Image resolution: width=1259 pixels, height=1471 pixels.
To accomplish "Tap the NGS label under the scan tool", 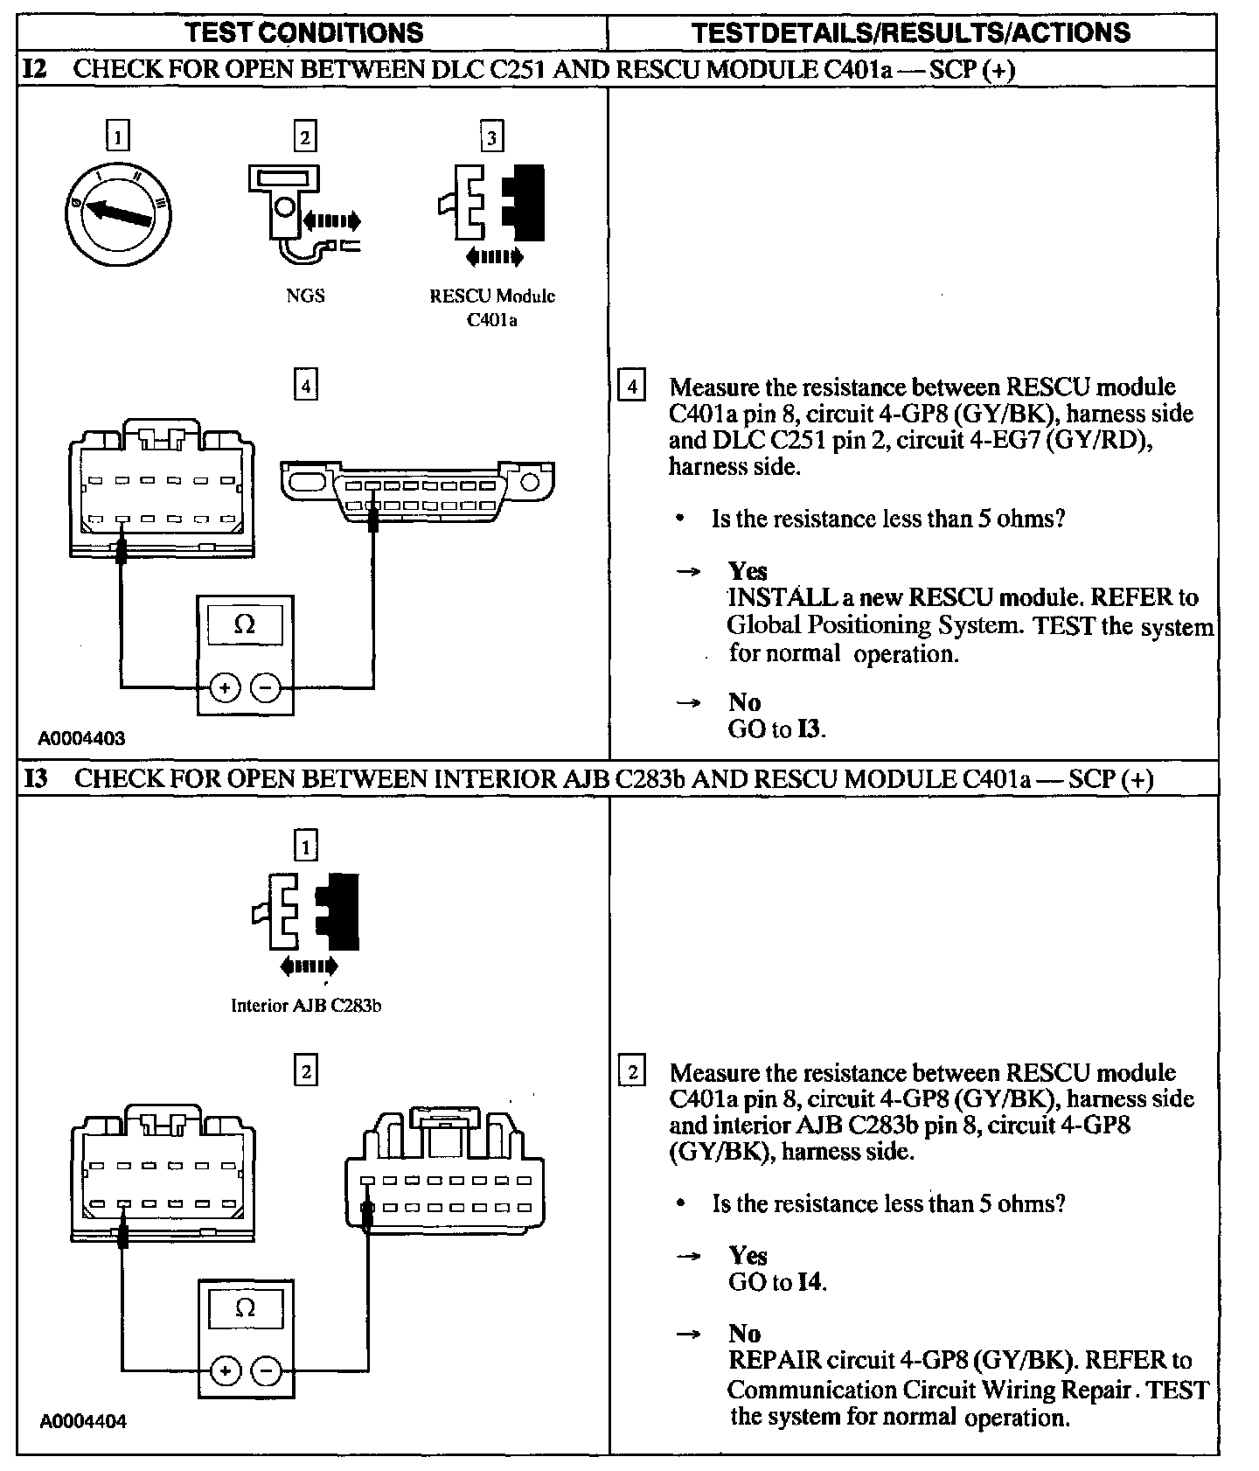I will point(305,296).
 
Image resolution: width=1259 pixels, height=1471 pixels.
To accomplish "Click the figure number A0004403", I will point(81,738).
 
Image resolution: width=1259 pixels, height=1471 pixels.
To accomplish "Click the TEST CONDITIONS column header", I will point(305,33).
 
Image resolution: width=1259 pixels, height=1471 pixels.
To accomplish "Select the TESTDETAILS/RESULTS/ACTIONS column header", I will point(910,33).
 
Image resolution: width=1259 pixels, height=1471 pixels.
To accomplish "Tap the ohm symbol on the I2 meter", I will point(246,624).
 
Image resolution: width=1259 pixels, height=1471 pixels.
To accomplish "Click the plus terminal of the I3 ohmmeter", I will point(226,1370).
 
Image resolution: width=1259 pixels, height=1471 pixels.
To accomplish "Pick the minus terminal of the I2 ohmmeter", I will point(267,688).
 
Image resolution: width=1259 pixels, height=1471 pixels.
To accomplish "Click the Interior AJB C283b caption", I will point(305,1005).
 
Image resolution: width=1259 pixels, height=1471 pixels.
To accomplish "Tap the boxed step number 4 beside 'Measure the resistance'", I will point(631,386).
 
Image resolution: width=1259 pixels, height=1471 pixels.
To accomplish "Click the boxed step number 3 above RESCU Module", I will point(491,137).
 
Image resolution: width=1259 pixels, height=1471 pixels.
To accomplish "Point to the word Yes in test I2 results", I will point(748,571).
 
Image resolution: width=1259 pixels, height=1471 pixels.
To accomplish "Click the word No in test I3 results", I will point(745,1333).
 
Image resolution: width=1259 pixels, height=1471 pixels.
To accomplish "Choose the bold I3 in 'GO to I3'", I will point(810,729).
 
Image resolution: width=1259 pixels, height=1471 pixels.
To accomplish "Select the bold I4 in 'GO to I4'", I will point(810,1282).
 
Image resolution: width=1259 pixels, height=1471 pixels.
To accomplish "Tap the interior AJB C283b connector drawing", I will point(443,1171).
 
